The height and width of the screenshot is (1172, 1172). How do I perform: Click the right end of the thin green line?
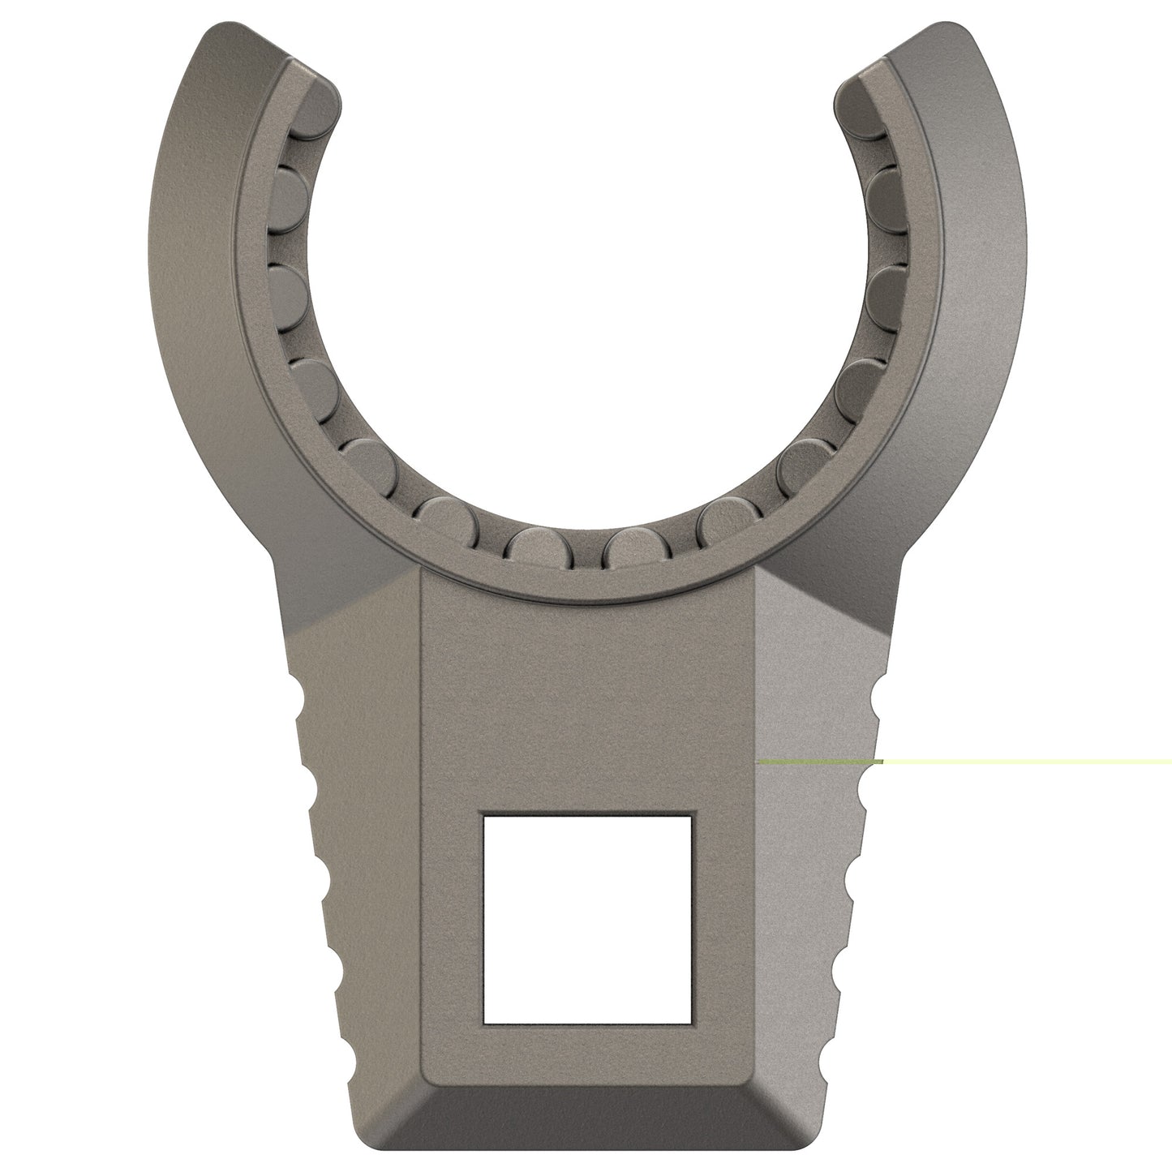[1170, 762]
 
